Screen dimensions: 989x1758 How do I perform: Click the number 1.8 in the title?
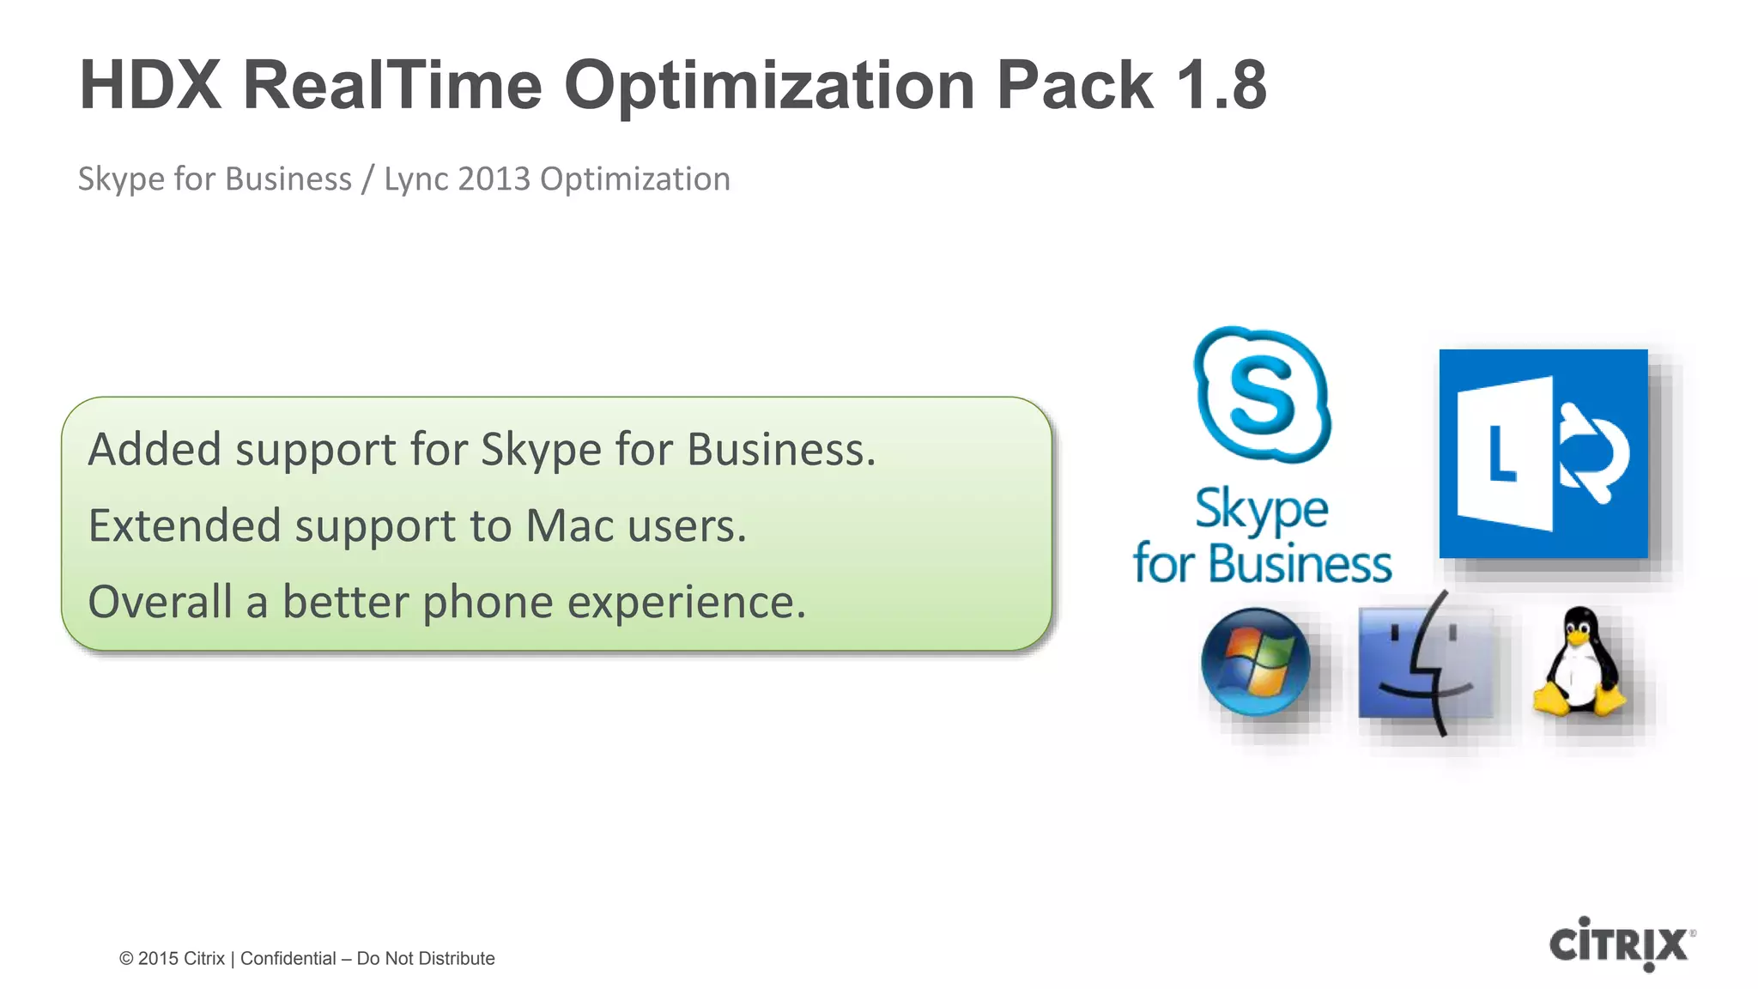pyautogui.click(x=1221, y=85)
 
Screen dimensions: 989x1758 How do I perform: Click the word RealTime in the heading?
pyautogui.click(x=392, y=85)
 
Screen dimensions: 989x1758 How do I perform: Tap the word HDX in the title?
pyautogui.click(x=150, y=85)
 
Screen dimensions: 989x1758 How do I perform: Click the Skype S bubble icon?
pyautogui.click(x=1261, y=394)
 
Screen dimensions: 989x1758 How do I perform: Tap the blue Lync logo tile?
pyautogui.click(x=1543, y=453)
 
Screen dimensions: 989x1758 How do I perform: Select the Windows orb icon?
pyautogui.click(x=1255, y=661)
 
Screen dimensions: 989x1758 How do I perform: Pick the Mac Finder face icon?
pyautogui.click(x=1426, y=663)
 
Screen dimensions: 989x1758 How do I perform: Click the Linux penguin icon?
pyautogui.click(x=1579, y=662)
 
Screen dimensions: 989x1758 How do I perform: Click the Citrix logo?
pyautogui.click(x=1621, y=943)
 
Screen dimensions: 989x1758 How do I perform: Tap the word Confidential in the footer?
pyautogui.click(x=288, y=958)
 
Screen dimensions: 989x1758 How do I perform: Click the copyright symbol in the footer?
pyautogui.click(x=126, y=959)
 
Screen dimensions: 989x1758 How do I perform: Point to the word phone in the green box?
pyautogui.click(x=488, y=603)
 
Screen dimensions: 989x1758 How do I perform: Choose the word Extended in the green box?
pyautogui.click(x=185, y=525)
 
